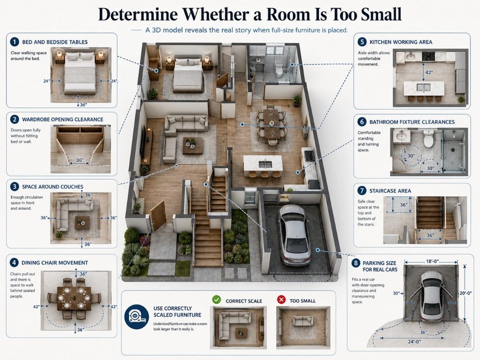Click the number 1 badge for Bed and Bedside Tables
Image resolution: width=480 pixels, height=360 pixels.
(x=14, y=42)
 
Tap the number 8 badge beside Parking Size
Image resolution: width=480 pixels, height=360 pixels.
(x=355, y=263)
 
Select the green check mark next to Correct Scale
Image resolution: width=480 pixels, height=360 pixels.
(x=217, y=300)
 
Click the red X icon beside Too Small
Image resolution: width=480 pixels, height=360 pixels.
(x=281, y=300)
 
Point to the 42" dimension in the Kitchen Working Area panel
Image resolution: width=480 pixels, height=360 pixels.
(x=429, y=73)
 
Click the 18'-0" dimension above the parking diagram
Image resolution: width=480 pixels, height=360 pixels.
(x=432, y=262)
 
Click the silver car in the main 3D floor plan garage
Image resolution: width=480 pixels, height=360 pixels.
(x=293, y=234)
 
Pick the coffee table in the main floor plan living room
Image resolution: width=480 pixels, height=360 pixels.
(x=193, y=145)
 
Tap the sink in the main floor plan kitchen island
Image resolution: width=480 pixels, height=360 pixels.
(x=265, y=164)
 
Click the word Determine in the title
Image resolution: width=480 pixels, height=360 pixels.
(x=138, y=14)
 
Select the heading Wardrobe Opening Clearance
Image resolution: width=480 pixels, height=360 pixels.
(x=62, y=120)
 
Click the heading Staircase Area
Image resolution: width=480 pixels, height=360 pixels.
(x=390, y=191)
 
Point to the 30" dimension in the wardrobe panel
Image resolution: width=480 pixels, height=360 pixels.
(x=80, y=160)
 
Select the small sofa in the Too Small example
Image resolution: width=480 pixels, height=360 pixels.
(x=303, y=321)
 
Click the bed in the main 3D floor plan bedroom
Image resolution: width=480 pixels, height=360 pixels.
(x=188, y=75)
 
